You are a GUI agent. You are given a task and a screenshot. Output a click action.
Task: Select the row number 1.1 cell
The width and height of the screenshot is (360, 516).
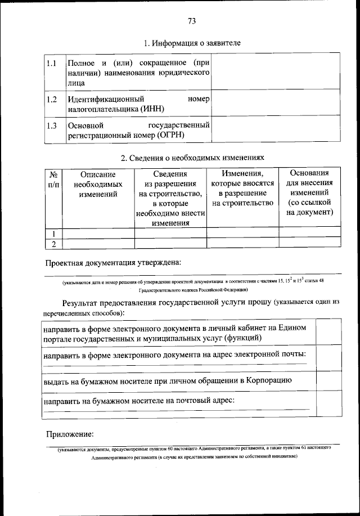[52, 63]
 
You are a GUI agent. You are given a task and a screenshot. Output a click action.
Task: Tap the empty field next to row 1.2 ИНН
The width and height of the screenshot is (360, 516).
[275, 104]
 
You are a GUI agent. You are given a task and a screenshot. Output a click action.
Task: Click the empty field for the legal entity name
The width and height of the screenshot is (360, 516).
[275, 71]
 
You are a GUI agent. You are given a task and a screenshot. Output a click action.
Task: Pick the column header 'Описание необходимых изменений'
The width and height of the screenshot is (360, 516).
[98, 184]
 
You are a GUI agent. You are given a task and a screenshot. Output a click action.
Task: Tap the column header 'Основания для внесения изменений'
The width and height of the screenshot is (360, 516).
[309, 193]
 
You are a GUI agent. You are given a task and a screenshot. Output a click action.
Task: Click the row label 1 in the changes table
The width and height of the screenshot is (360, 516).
[53, 234]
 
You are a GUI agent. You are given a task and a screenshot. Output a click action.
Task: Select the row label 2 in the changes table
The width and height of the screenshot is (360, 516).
[53, 244]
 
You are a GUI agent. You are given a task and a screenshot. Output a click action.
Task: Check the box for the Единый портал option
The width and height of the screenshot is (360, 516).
[327, 333]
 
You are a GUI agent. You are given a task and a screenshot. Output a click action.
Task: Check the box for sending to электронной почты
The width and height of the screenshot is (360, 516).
[327, 358]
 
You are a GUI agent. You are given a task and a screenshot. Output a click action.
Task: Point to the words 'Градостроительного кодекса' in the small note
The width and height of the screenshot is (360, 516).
[169, 290]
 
